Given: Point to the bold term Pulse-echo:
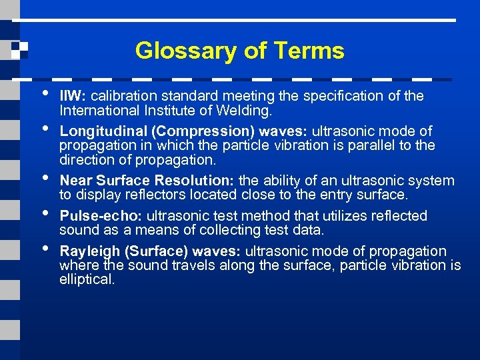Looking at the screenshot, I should [101, 216].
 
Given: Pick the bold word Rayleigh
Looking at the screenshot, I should [87, 251].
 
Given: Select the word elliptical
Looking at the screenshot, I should [87, 279].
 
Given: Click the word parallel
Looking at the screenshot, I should [385, 145].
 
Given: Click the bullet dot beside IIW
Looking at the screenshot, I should [45, 93].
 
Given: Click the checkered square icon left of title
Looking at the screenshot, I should [20, 51].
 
